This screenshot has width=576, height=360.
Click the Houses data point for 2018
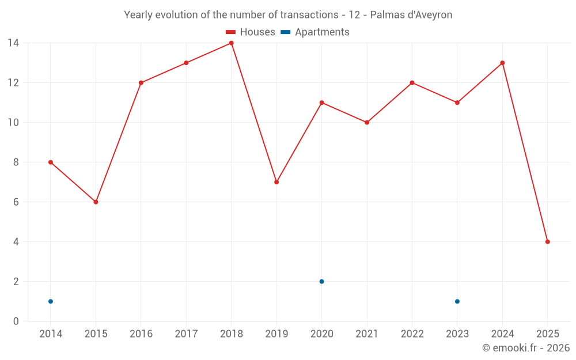pyautogui.click(x=232, y=43)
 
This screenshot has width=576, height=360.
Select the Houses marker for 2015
pyautogui.click(x=96, y=202)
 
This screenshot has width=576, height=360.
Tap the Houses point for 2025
pyautogui.click(x=548, y=242)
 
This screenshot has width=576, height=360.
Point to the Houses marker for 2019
pyautogui.click(x=276, y=182)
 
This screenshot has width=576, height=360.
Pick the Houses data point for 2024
pyautogui.click(x=502, y=63)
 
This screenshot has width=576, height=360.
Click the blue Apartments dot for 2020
pyautogui.click(x=322, y=282)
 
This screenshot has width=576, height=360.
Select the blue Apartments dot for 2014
pyautogui.click(x=51, y=301)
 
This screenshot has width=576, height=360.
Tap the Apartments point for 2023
pyautogui.click(x=457, y=301)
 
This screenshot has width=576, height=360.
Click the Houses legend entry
pyautogui.click(x=251, y=32)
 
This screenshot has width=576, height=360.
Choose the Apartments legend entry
pyautogui.click(x=315, y=32)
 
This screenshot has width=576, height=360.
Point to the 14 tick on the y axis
pyautogui.click(x=13, y=43)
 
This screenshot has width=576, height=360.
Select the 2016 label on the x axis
pyautogui.click(x=141, y=334)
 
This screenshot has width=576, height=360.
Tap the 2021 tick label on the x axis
pyautogui.click(x=367, y=334)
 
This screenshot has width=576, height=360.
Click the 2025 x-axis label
pyautogui.click(x=548, y=334)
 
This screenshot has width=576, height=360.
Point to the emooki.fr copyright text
pyautogui.click(x=526, y=348)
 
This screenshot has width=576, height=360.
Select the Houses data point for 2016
pyautogui.click(x=141, y=83)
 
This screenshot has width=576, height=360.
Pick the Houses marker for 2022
pyautogui.click(x=412, y=83)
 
